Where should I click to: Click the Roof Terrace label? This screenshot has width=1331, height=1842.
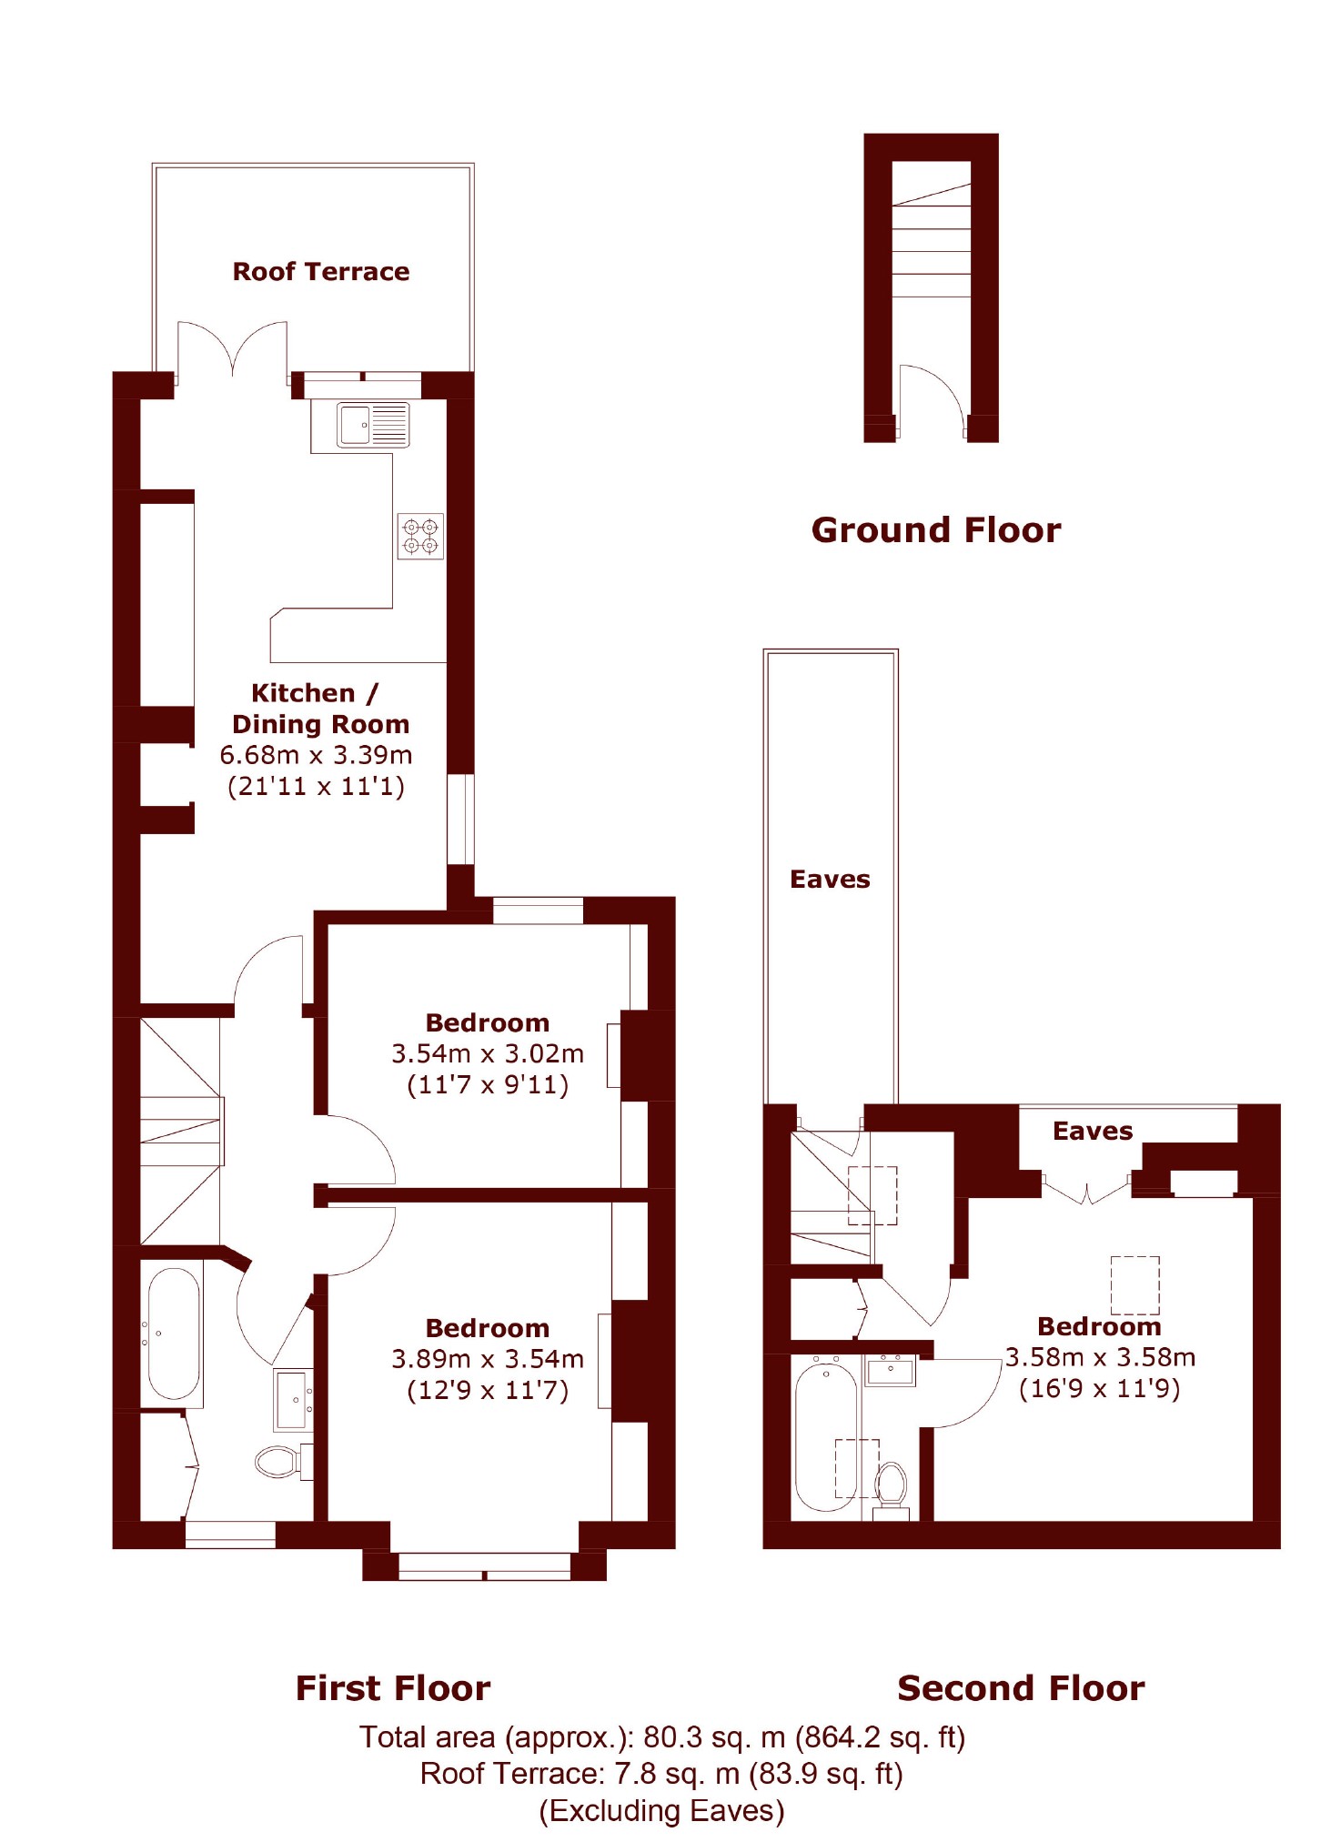320,271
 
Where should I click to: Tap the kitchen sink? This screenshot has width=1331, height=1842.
373,425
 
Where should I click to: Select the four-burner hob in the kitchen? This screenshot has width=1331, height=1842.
420,536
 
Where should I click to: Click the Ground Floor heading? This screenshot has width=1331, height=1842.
936,529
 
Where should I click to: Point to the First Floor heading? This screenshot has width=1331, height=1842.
393,1687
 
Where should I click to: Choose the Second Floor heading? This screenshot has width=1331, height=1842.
1021,1687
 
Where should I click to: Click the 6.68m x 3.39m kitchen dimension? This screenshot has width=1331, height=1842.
316,755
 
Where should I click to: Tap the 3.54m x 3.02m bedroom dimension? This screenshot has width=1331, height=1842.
488,1053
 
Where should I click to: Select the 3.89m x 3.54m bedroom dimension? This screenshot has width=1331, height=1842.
488,1359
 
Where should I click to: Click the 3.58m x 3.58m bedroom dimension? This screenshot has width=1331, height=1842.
1100,1357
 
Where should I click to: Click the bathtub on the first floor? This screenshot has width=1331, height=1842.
173,1334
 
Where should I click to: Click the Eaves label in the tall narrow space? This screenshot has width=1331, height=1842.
830,879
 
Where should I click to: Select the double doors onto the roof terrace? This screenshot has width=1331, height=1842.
233,348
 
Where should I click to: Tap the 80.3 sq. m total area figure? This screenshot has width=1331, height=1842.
714,1737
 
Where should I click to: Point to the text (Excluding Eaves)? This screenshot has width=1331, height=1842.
661,1810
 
